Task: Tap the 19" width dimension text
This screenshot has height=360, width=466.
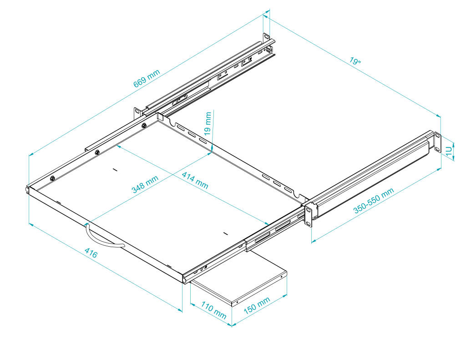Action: (355, 62)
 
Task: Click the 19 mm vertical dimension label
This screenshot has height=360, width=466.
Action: (208, 124)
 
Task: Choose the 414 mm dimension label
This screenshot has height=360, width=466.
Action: (195, 180)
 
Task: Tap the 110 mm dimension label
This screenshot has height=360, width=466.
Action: (213, 312)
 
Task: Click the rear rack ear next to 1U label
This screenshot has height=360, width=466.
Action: (437, 142)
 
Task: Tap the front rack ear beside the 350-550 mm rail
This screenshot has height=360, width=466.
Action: (309, 214)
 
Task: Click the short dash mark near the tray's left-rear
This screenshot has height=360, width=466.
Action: (115, 170)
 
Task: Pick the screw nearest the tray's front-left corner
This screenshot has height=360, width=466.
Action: (53, 178)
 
